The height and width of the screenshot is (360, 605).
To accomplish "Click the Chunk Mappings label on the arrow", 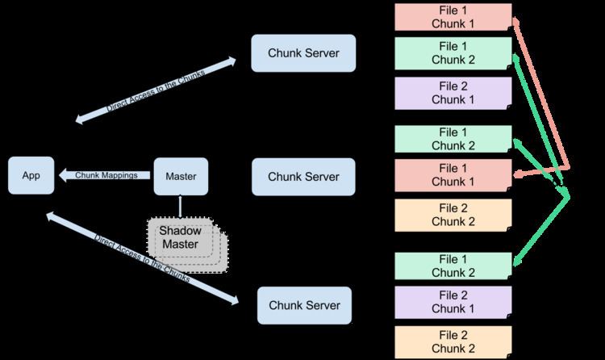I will [x=105, y=175].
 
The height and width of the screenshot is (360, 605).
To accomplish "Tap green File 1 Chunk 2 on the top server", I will [x=453, y=54].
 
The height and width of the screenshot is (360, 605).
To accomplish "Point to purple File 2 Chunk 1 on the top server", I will [x=453, y=93].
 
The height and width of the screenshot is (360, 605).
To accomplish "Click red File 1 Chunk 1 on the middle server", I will [x=453, y=175].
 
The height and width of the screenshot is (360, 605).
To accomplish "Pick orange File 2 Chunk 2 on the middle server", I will [x=453, y=214].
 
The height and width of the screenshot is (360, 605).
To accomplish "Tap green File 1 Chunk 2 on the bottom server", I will [x=453, y=266].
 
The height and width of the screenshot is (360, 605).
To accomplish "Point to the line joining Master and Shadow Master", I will [x=181, y=205].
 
